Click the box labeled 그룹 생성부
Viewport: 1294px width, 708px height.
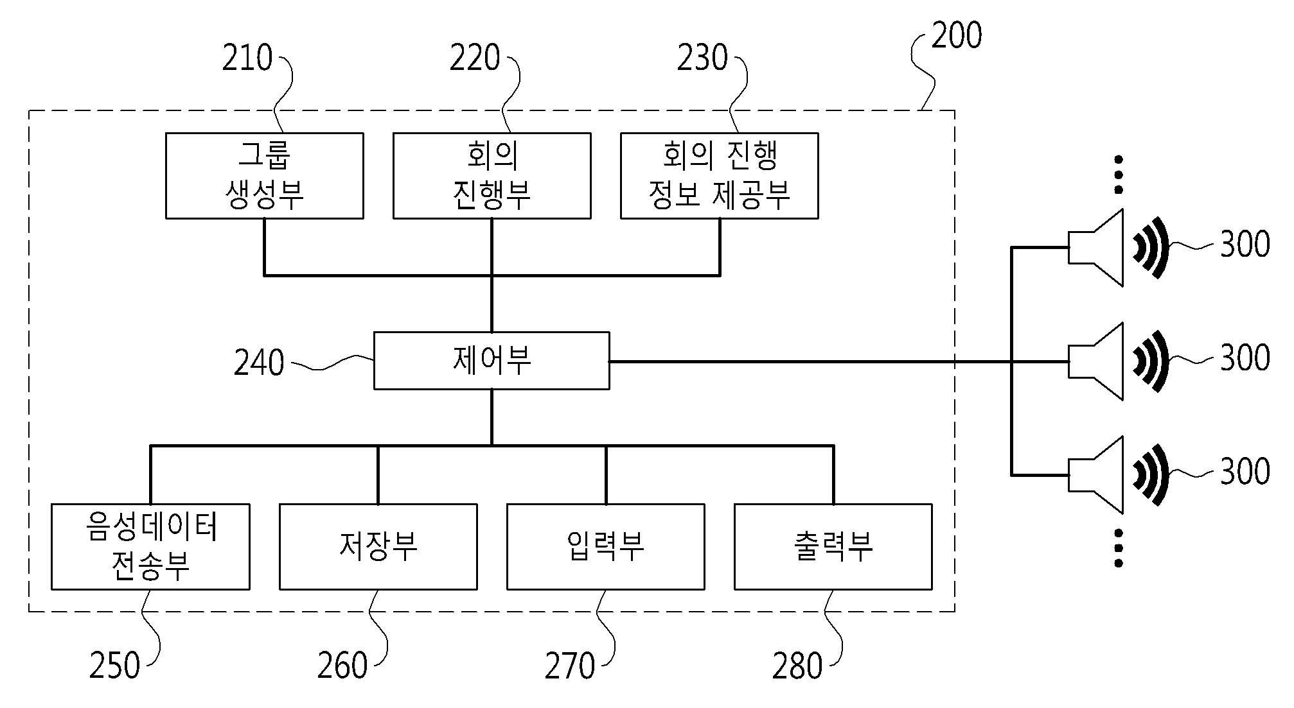[x=265, y=176]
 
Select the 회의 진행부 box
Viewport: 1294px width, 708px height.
[x=492, y=176]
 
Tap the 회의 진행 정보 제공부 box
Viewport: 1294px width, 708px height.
[x=720, y=176]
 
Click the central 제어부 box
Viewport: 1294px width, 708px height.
[x=492, y=361]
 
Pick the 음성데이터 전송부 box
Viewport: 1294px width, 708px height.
[x=150, y=547]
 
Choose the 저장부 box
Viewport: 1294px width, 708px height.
[x=378, y=547]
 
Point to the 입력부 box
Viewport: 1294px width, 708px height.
[x=606, y=547]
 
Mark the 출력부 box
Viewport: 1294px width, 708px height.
[x=833, y=547]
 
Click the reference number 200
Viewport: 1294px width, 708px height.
[x=957, y=35]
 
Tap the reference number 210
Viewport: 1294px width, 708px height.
[x=247, y=58]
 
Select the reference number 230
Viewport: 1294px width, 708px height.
[x=702, y=58]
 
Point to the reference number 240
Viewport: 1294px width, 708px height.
[x=259, y=363]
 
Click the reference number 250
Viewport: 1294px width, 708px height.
[x=114, y=666]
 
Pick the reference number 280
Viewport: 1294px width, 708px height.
[x=797, y=666]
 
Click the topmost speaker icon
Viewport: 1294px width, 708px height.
[x=1117, y=248]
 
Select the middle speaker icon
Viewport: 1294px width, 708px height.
[x=1117, y=361]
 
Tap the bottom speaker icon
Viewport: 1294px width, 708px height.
[x=1117, y=475]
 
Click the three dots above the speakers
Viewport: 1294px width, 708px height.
[x=1119, y=175]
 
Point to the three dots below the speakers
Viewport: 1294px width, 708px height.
[x=1119, y=548]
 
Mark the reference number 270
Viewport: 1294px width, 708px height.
[x=570, y=666]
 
